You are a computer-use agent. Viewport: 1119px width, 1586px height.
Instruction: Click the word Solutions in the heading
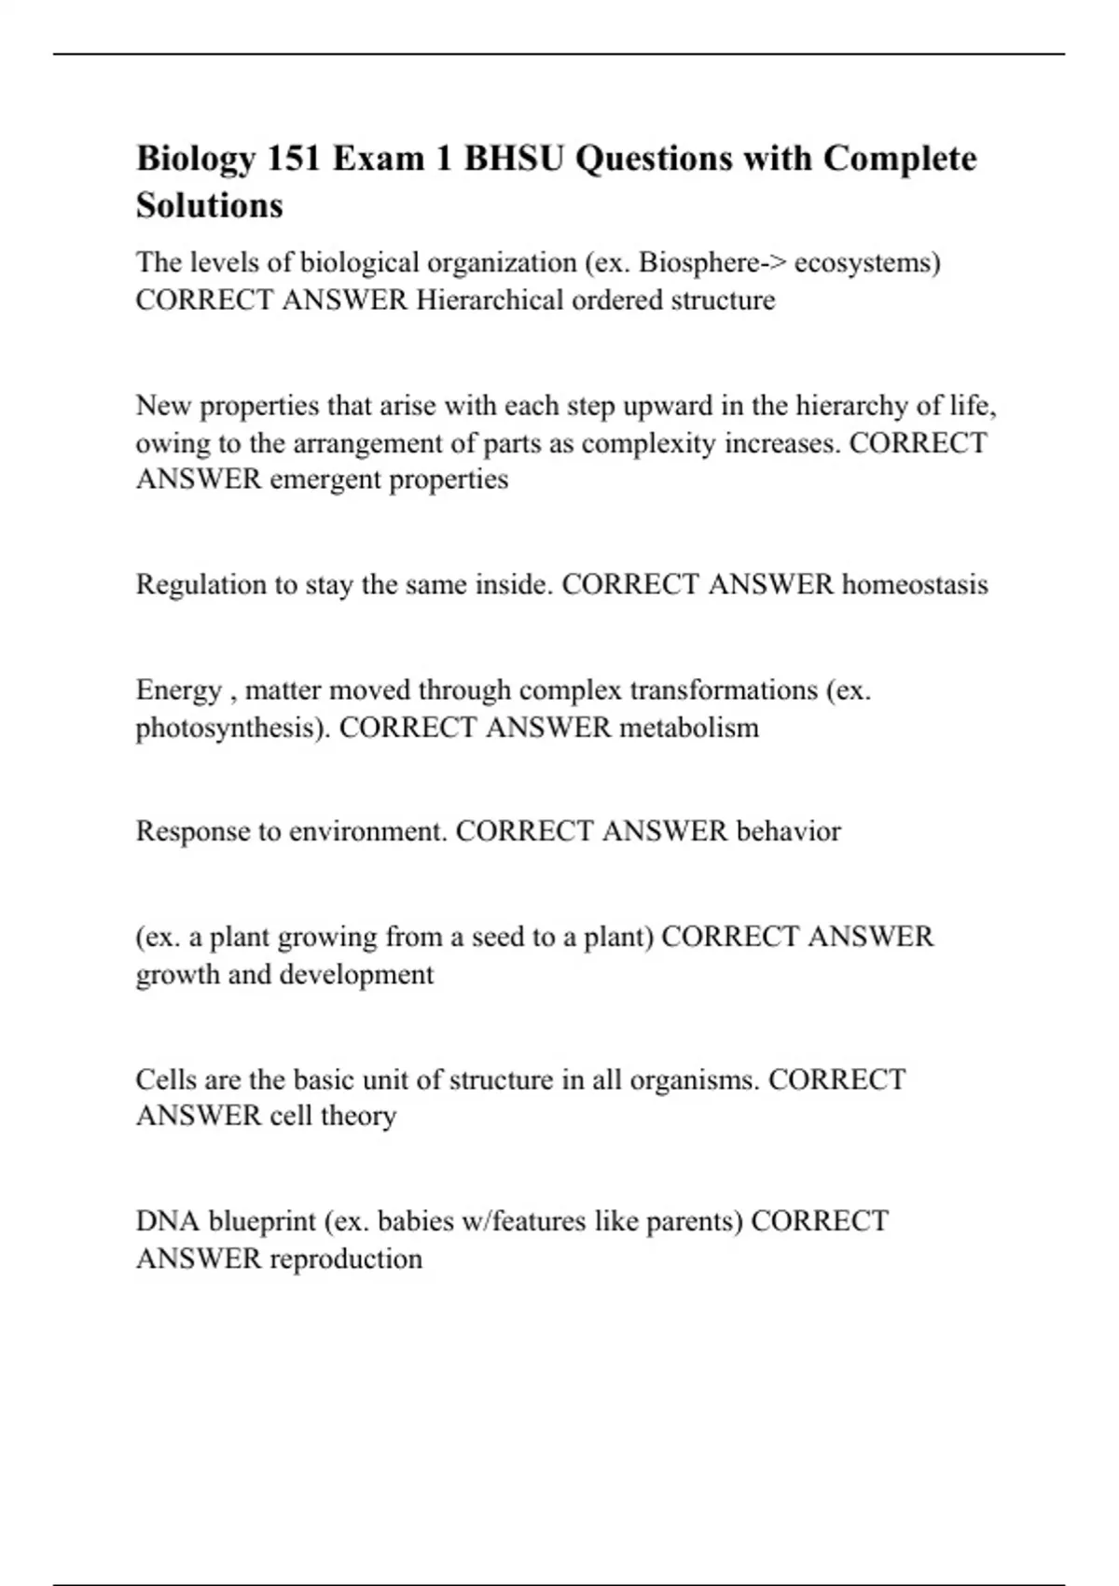pos(210,205)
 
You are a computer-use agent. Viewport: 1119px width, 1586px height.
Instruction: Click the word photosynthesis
pos(232,728)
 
